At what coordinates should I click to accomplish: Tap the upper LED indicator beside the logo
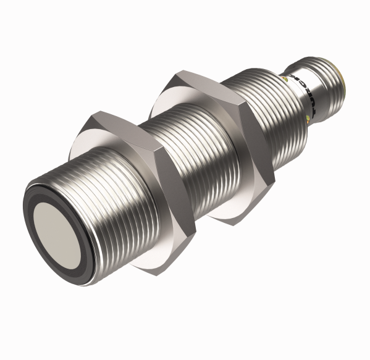pyautogui.click(x=285, y=79)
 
